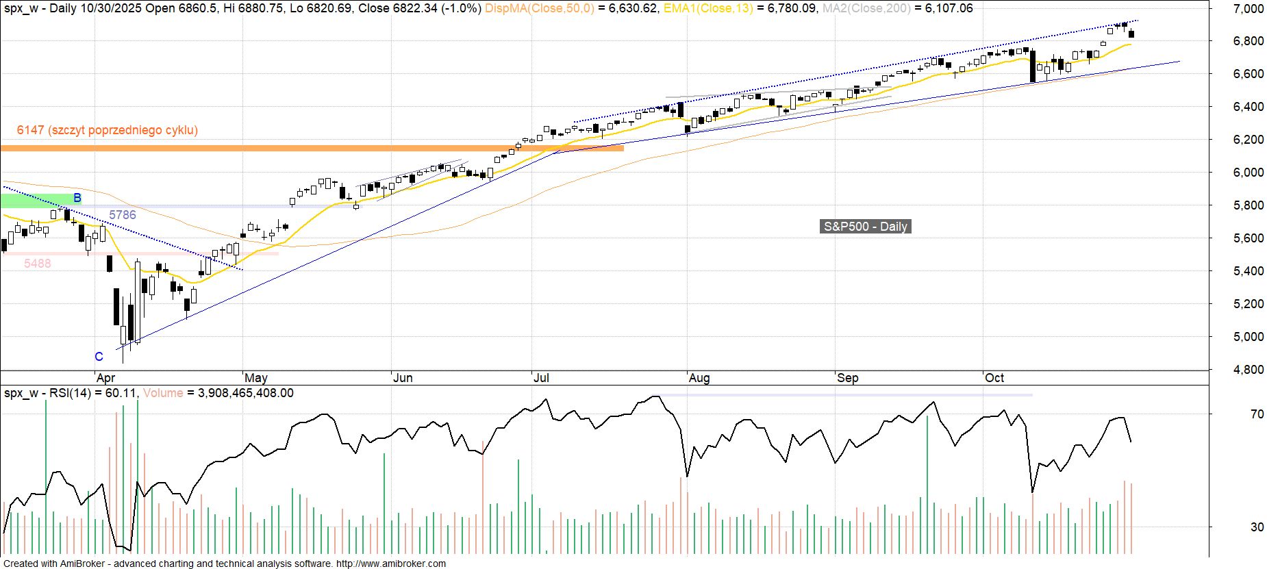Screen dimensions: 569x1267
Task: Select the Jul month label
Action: (x=541, y=378)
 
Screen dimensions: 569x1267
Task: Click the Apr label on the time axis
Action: (x=106, y=378)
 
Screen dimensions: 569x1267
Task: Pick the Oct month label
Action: (x=994, y=378)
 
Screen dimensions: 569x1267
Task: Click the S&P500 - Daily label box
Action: (x=865, y=227)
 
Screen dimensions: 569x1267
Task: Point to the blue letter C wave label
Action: (x=99, y=357)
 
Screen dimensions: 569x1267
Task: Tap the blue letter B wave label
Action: (x=77, y=198)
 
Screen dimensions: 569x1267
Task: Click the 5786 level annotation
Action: (x=123, y=215)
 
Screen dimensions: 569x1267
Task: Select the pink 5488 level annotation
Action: (x=38, y=264)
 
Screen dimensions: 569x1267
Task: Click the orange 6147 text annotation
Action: (x=108, y=130)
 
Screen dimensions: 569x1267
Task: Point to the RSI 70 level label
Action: (x=1257, y=414)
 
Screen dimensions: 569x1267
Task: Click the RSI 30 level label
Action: (x=1257, y=527)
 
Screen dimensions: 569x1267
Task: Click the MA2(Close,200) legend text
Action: (x=866, y=8)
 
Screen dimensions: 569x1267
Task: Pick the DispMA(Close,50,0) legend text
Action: (x=540, y=8)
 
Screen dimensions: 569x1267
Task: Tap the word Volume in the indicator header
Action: (x=163, y=393)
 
